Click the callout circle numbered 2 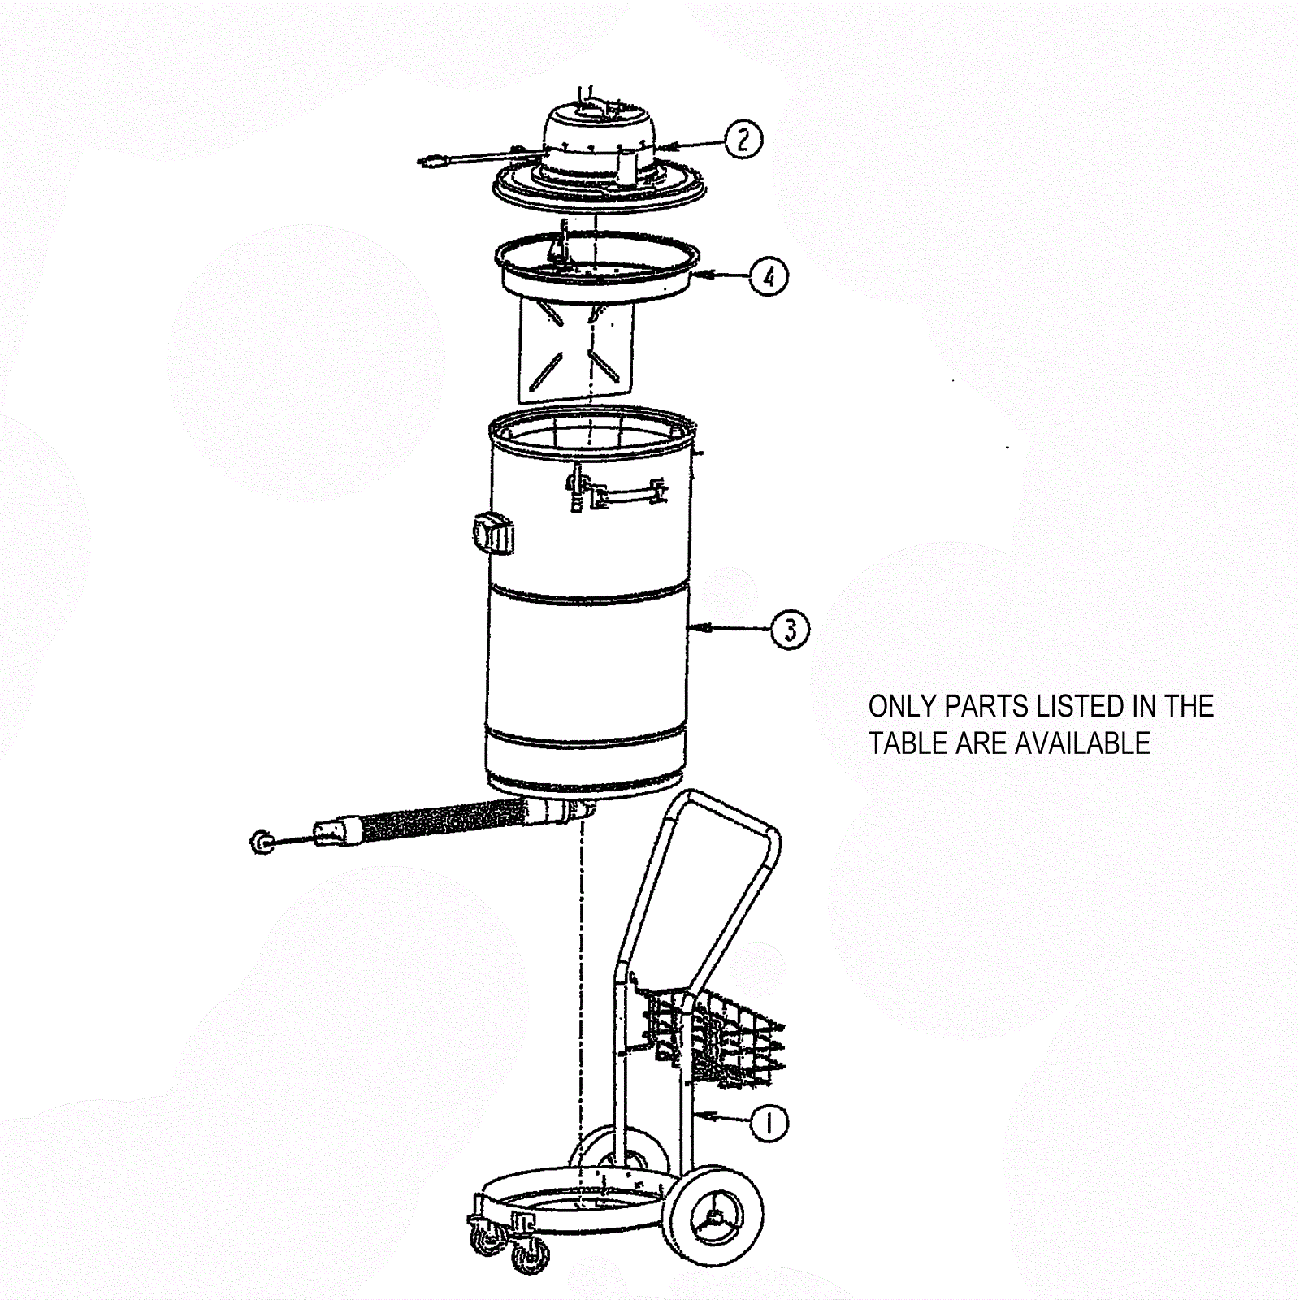click(x=743, y=139)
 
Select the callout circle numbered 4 click(x=768, y=276)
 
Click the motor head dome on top click(x=600, y=127)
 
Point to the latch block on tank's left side click(x=493, y=534)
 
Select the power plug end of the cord click(x=435, y=160)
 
